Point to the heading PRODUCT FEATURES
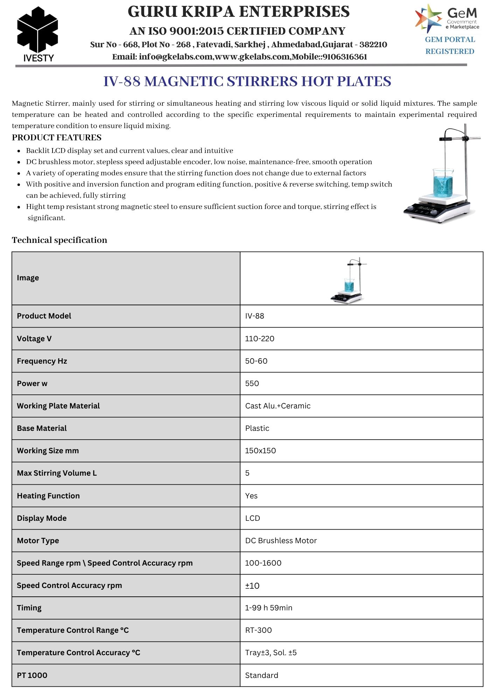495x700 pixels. (x=57, y=138)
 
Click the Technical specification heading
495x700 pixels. (x=60, y=240)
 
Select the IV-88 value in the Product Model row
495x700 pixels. (x=255, y=316)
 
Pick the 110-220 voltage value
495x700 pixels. (x=259, y=339)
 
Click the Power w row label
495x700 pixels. (x=32, y=384)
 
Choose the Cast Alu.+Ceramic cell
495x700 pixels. (x=278, y=406)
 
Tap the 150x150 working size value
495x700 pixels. (x=260, y=451)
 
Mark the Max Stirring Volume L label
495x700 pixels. (x=57, y=473)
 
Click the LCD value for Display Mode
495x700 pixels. (x=252, y=518)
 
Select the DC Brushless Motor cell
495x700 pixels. (x=281, y=541)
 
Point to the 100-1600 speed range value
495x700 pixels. (x=263, y=563)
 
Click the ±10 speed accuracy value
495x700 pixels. (x=252, y=586)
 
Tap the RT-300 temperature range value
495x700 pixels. (x=258, y=630)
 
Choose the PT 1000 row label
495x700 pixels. (x=32, y=675)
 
